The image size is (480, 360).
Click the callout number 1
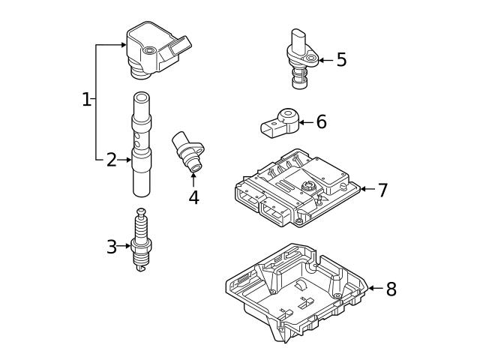pos(86,99)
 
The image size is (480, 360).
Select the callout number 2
pos(111,159)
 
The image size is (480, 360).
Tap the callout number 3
pos(111,247)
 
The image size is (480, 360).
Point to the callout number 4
pos(193,197)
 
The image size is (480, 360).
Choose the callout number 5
pos(341,60)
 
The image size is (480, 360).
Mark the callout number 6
pos(321,121)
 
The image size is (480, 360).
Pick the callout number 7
pos(382,190)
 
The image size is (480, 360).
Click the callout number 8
pos(390,289)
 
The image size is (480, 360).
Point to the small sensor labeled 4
pos(187,150)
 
